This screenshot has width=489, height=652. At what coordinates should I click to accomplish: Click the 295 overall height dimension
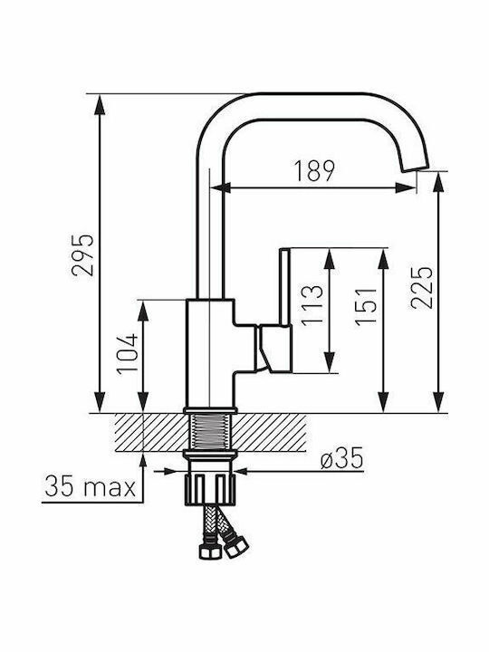point(82,254)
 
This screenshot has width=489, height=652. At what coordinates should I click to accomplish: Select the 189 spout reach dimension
point(314,171)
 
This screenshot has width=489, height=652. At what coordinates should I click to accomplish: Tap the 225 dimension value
point(422,287)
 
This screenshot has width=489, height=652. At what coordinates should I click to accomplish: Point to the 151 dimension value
point(366,306)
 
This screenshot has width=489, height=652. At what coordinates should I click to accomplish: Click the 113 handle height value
point(312,305)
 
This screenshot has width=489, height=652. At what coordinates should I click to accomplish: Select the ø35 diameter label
point(341,458)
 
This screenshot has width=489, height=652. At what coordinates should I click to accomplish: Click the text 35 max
point(91,486)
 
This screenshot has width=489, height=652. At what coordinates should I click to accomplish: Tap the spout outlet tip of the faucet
point(414,168)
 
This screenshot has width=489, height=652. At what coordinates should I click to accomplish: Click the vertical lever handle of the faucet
point(285,287)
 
